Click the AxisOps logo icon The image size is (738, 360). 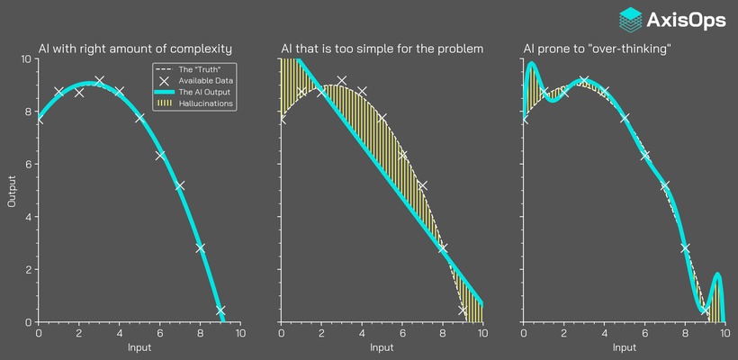632,18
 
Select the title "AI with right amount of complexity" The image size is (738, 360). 135,48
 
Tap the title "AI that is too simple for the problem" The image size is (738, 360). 382,48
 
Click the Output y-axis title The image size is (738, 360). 12,190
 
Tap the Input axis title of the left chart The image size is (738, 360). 139,347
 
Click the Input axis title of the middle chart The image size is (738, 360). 382,347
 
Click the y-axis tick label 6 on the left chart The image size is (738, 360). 28,165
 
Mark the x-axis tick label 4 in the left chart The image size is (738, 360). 119,333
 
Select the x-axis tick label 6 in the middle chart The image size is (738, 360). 402,333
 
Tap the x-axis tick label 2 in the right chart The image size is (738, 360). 563,333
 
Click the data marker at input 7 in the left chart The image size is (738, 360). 180,185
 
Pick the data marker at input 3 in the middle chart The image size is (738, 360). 341,80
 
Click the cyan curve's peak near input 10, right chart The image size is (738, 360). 717,274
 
